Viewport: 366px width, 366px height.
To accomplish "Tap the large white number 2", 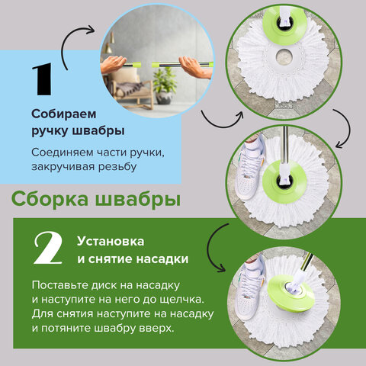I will pyautogui.click(x=47, y=249).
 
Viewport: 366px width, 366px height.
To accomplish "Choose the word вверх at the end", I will pyautogui.click(x=156, y=329).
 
